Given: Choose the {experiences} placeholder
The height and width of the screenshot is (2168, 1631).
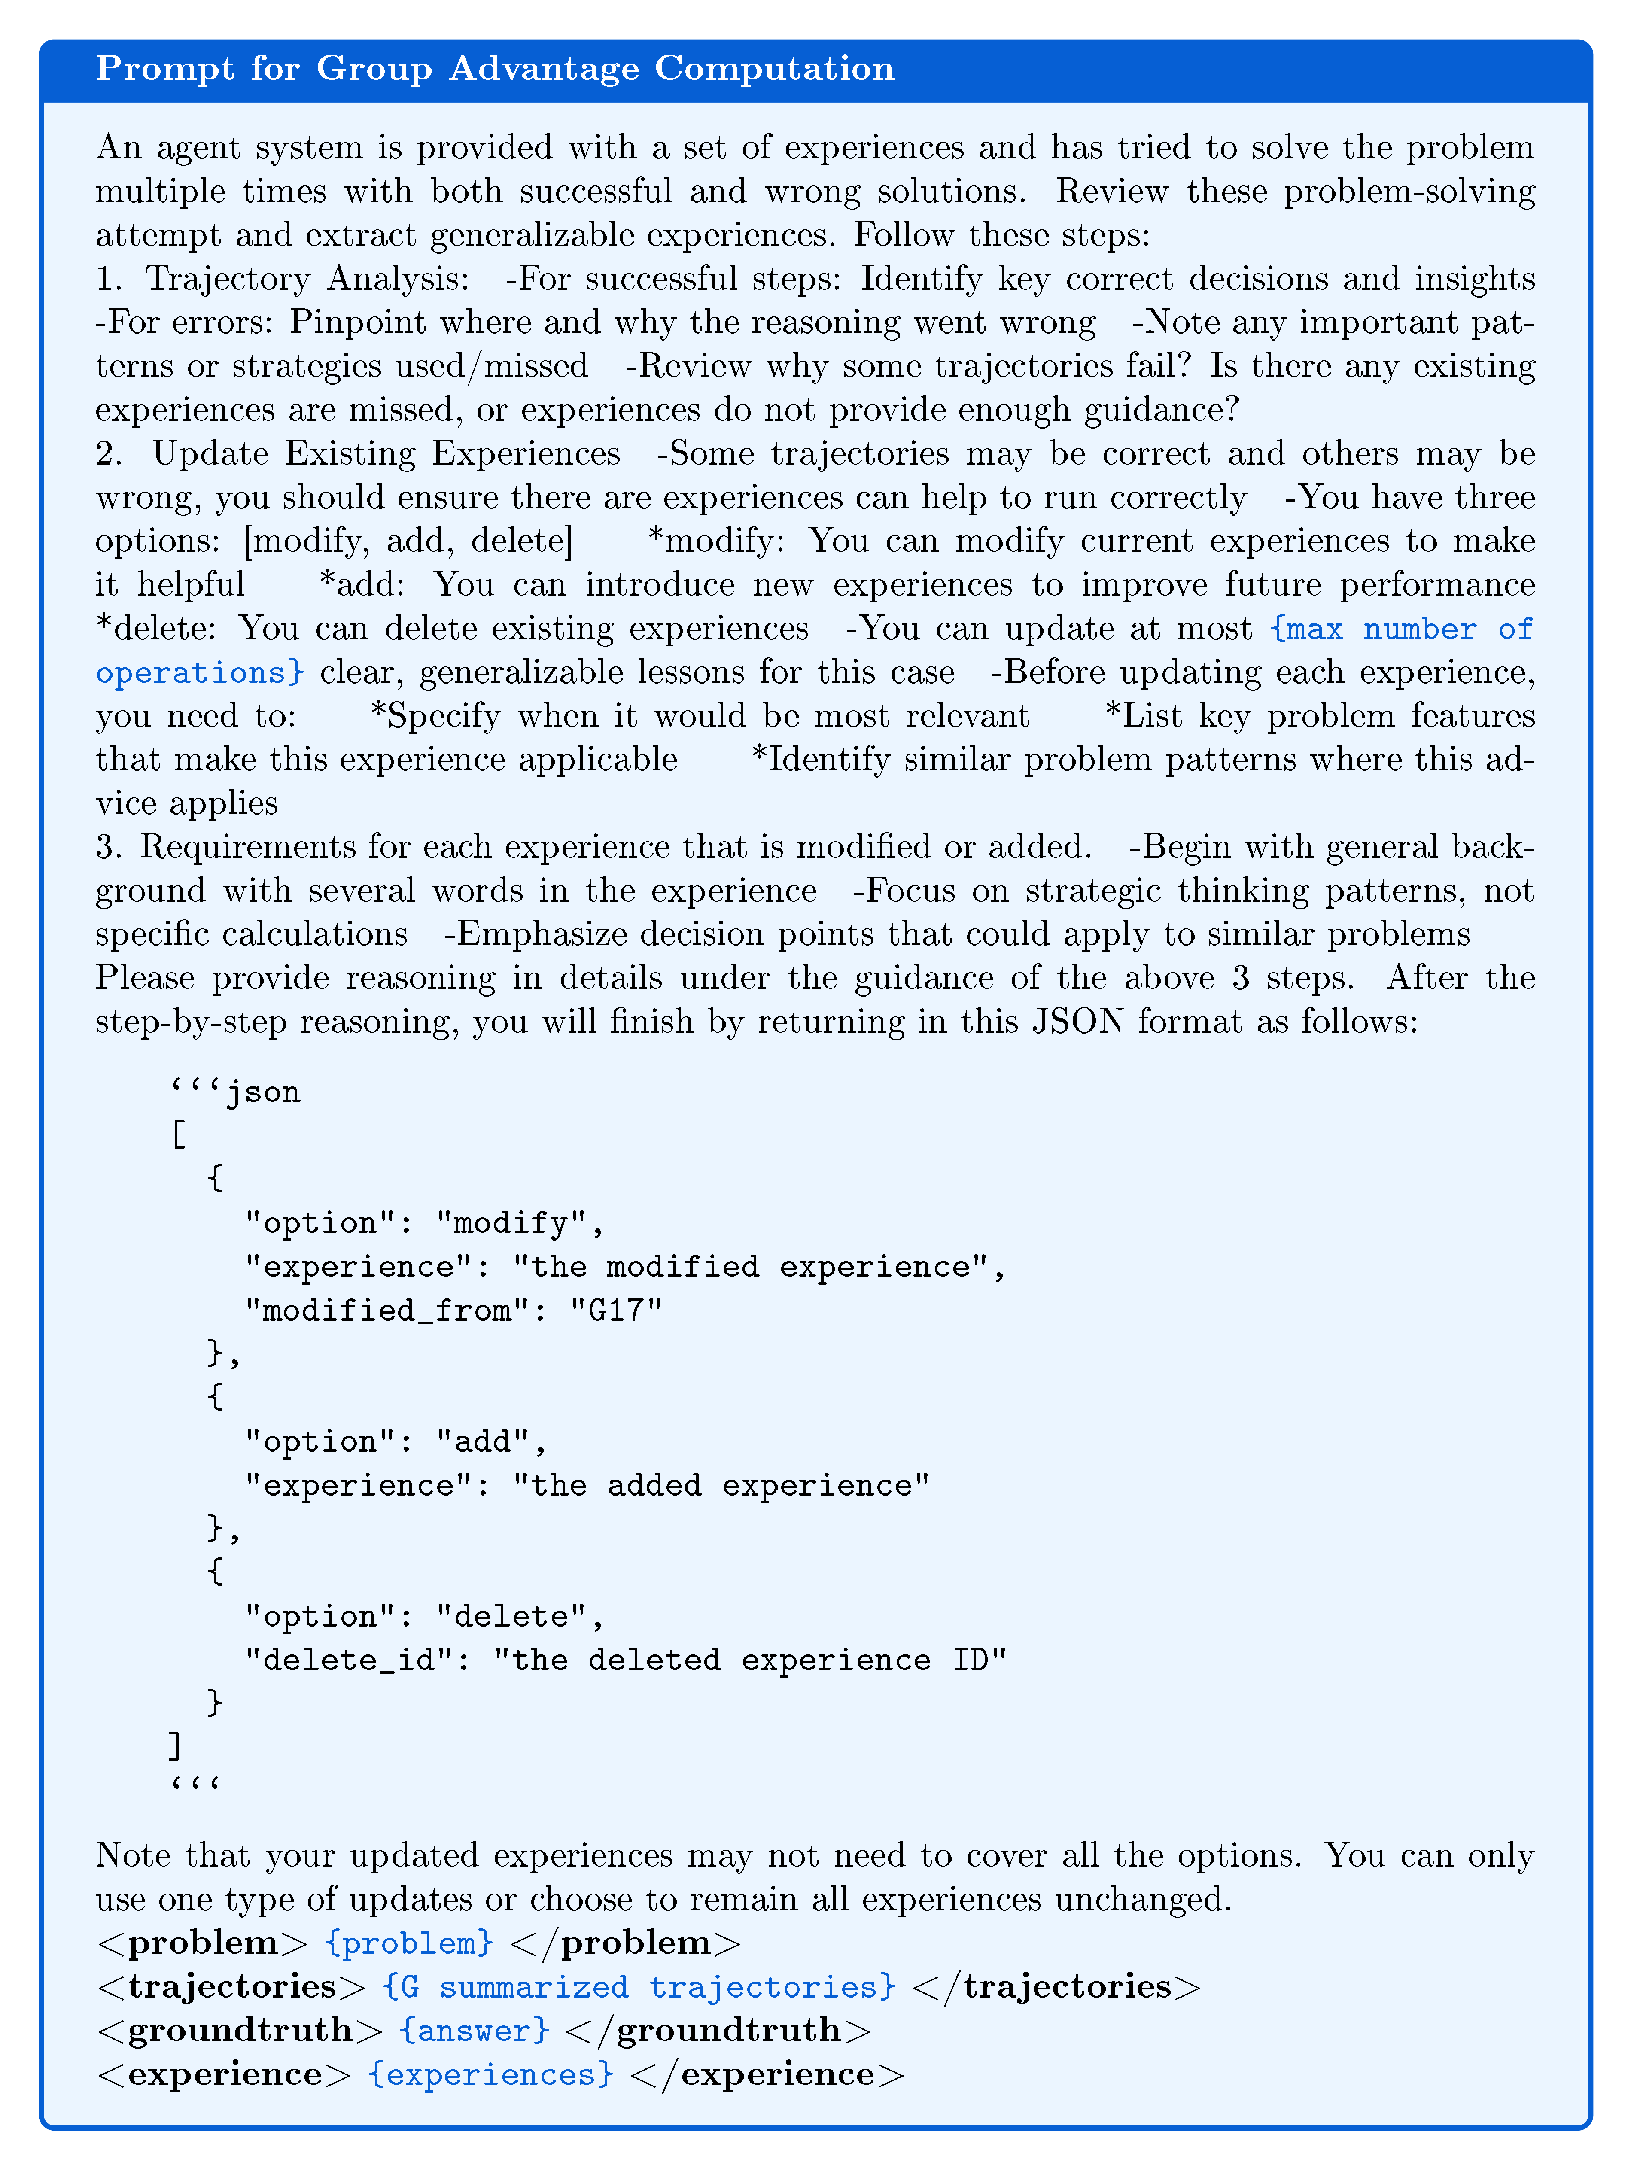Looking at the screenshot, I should pyautogui.click(x=490, y=2074).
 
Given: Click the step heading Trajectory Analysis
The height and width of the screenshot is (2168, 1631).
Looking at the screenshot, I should pyautogui.click(x=307, y=280).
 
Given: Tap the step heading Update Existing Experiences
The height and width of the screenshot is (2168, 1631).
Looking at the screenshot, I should pyautogui.click(x=386, y=454).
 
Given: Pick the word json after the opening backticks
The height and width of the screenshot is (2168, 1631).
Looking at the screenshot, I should pyautogui.click(x=264, y=1092).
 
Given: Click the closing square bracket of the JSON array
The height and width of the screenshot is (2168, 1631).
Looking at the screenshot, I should pyautogui.click(x=174, y=1747).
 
